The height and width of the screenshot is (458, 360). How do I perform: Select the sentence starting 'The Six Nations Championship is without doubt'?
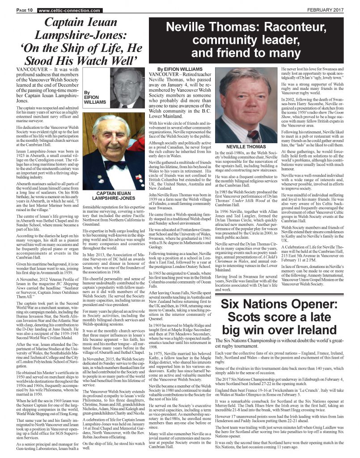click(x=280, y=343)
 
